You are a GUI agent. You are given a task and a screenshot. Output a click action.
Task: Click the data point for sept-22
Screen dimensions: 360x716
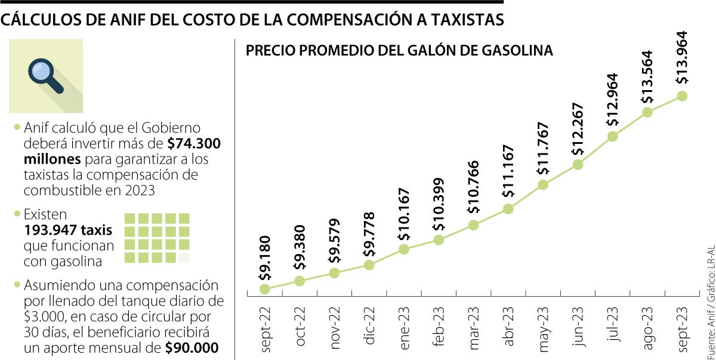pos(265,289)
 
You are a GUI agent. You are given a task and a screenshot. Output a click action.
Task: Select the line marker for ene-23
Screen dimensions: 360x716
pos(404,249)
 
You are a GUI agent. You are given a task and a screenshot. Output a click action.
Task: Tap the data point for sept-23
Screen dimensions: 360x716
pos(683,96)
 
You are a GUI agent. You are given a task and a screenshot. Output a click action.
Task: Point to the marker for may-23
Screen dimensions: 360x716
pos(543,184)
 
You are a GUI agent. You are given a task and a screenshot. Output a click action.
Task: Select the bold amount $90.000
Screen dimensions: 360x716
pos(192,346)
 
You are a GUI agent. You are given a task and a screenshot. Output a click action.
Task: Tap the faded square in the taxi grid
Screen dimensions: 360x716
pos(184,257)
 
